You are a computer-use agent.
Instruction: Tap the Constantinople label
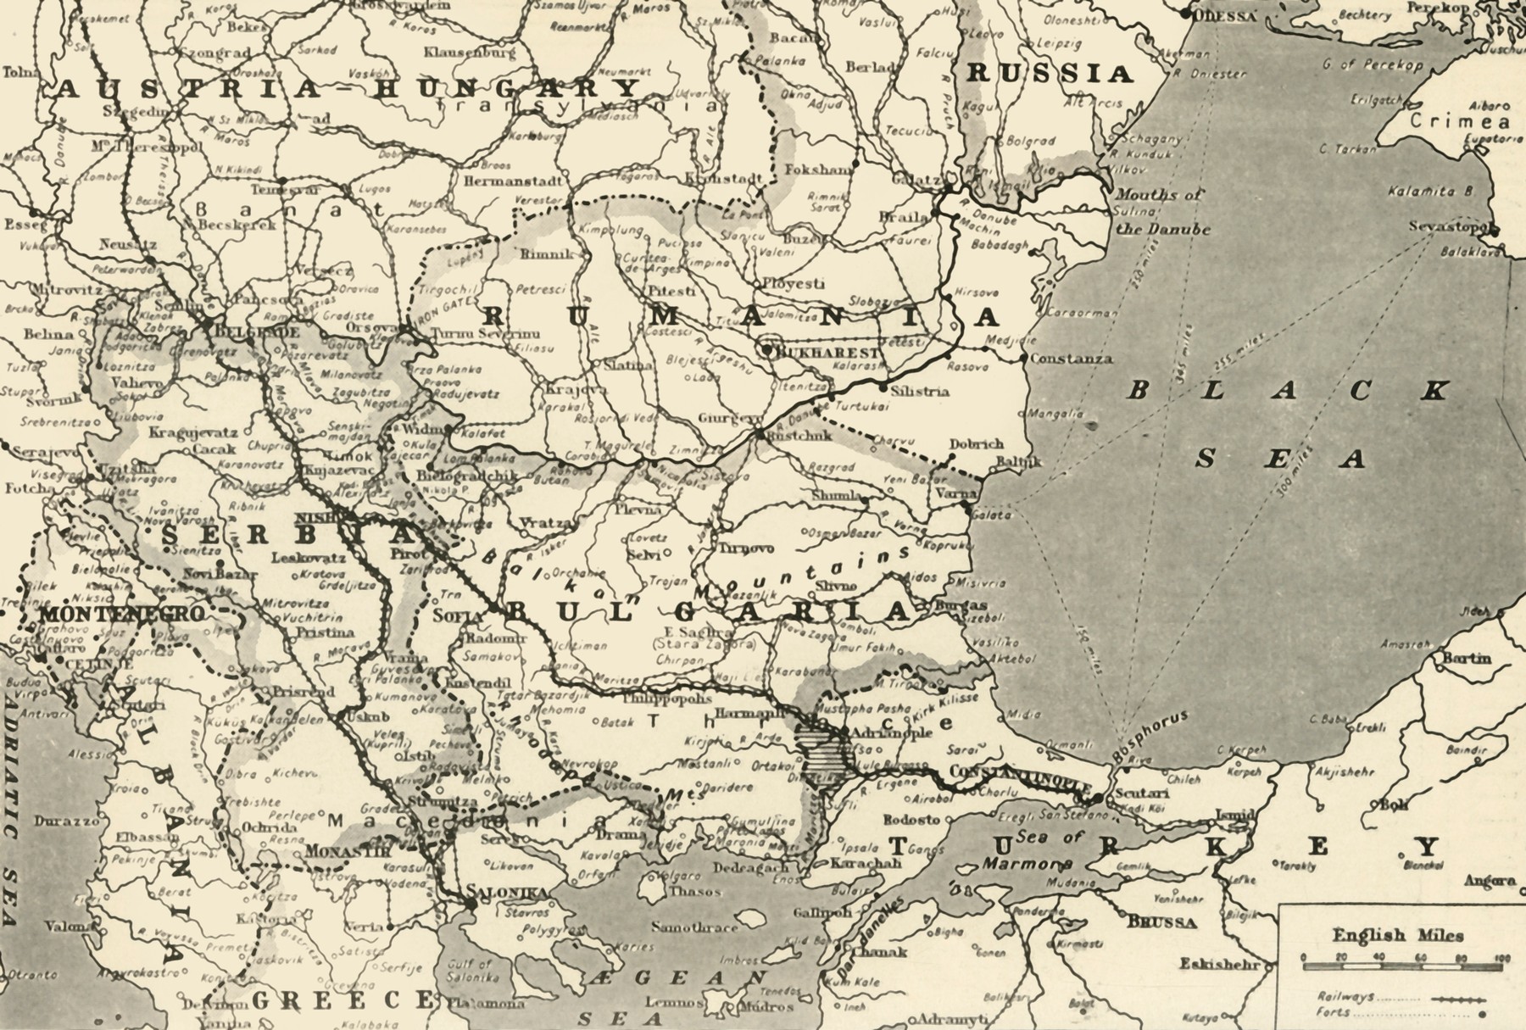pyautogui.click(x=1017, y=773)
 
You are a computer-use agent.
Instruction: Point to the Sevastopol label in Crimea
pyautogui.click(x=1451, y=227)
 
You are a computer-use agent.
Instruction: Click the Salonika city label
pyautogui.click(x=507, y=892)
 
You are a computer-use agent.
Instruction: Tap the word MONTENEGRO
pyautogui.click(x=122, y=613)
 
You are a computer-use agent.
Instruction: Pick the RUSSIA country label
pyautogui.click(x=1050, y=75)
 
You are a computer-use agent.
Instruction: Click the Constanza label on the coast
pyautogui.click(x=1072, y=359)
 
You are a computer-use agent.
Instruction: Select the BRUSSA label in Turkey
pyautogui.click(x=1162, y=923)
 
